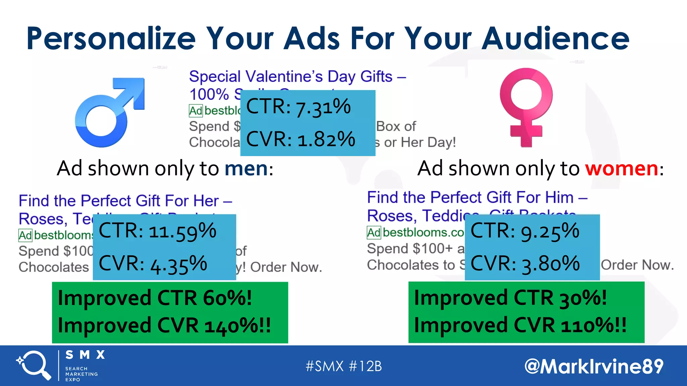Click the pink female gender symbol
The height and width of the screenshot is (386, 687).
pos(526,107)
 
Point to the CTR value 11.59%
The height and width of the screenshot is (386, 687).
pos(182,231)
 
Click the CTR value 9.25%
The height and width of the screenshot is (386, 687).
pos(550,231)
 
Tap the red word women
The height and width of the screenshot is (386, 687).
pos(622,168)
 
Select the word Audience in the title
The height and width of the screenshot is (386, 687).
pos(556,39)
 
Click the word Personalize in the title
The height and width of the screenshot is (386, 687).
pos(111,39)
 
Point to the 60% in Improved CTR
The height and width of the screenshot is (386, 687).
pos(227,298)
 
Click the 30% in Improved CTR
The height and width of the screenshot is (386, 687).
pos(582,298)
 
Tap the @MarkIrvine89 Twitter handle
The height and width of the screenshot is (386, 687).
pos(594,366)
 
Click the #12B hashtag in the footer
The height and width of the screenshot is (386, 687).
pos(365,366)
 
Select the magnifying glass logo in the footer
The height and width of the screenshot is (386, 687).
pos(34,365)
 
